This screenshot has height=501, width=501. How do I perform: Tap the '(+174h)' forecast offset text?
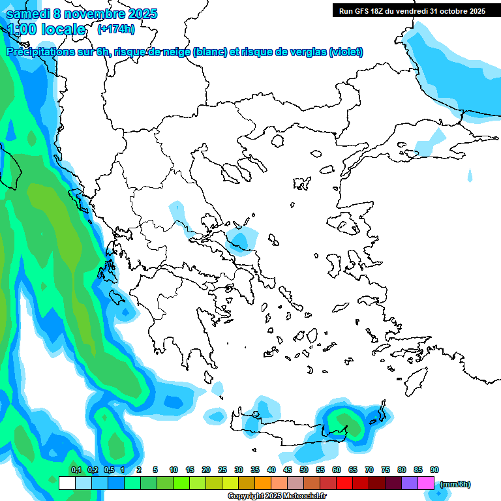[x=116, y=29]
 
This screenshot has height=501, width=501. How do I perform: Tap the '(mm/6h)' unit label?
[x=455, y=484]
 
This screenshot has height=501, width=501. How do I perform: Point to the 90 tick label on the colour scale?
[x=434, y=470]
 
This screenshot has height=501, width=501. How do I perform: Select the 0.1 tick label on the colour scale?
[x=76, y=470]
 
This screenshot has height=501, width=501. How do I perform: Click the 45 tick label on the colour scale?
[x=288, y=470]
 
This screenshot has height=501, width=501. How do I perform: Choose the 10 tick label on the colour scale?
[x=174, y=470]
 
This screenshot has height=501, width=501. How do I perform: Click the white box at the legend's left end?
[x=67, y=483]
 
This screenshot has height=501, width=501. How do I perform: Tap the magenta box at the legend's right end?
[x=426, y=483]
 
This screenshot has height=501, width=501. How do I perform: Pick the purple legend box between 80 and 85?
[x=410, y=483]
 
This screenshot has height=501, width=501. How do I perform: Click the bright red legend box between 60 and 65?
[x=344, y=483]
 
